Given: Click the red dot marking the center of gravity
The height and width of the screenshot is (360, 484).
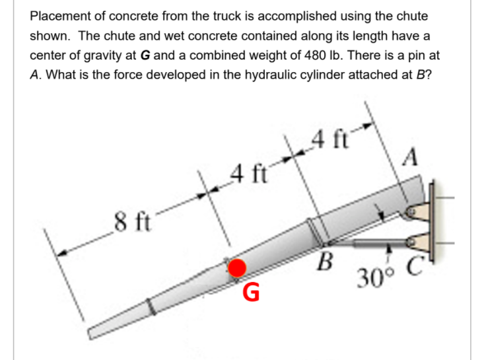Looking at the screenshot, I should tap(237, 267).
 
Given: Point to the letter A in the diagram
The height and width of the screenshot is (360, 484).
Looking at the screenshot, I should tap(409, 157).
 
